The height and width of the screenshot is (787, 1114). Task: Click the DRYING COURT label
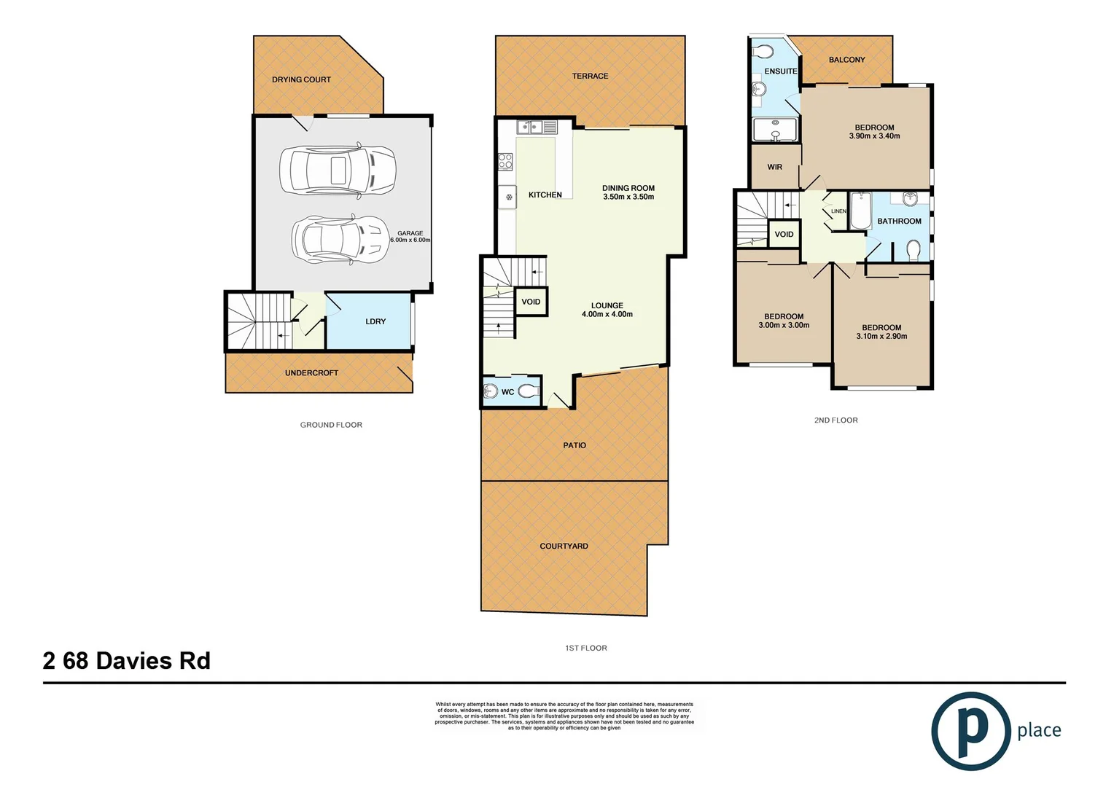[301, 79]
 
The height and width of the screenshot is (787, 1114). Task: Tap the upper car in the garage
[338, 171]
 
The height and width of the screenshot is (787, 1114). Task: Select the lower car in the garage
[340, 238]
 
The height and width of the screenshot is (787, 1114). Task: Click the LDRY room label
[375, 321]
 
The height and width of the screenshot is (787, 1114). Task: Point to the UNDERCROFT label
[311, 373]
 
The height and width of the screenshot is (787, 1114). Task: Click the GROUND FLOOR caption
[331, 425]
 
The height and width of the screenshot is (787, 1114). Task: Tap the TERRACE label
[590, 76]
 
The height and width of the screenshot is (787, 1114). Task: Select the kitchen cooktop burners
[505, 161]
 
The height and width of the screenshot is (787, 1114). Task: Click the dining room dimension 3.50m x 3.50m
[628, 197]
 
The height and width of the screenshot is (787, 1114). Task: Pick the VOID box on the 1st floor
[531, 302]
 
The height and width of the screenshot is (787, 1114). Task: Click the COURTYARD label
[564, 546]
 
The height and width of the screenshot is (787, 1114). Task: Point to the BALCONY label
[846, 60]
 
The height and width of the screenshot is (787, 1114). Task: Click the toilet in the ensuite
[763, 52]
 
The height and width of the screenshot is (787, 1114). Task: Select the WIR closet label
[774, 167]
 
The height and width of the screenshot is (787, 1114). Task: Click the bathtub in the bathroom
[860, 211]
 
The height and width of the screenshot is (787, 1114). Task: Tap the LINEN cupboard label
[838, 211]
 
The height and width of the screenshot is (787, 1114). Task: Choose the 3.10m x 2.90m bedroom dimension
[881, 337]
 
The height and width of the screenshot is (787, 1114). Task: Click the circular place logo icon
[970, 730]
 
